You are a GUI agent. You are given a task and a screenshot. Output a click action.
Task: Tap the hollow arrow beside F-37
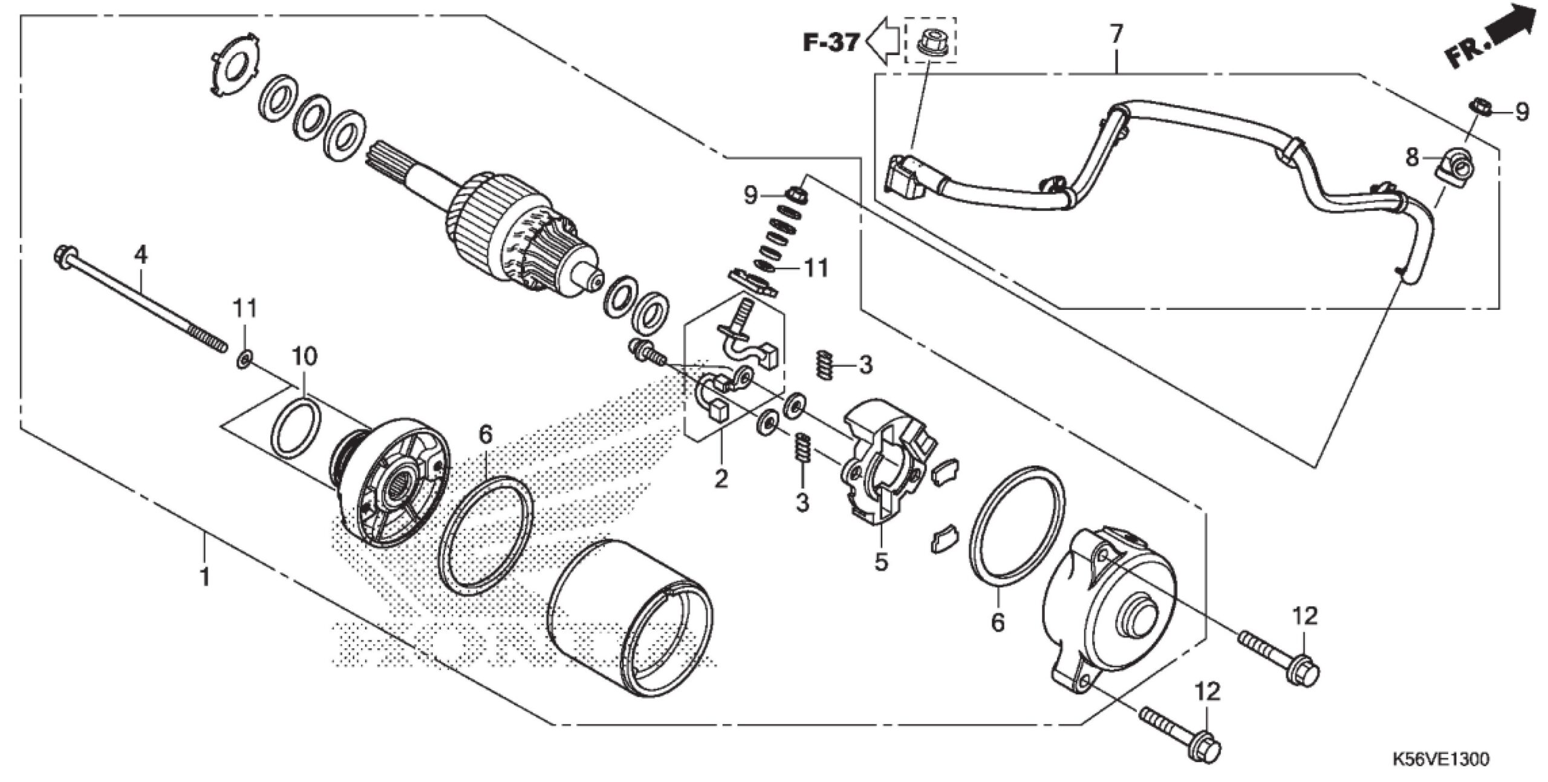882,41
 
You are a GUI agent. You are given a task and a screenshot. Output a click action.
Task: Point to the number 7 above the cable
1116,34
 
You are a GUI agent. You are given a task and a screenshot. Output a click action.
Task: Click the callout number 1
206,576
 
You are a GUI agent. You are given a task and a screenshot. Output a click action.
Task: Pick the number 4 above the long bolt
140,255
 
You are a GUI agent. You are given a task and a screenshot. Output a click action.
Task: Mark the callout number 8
1412,158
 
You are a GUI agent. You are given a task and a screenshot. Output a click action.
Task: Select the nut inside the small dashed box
930,42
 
